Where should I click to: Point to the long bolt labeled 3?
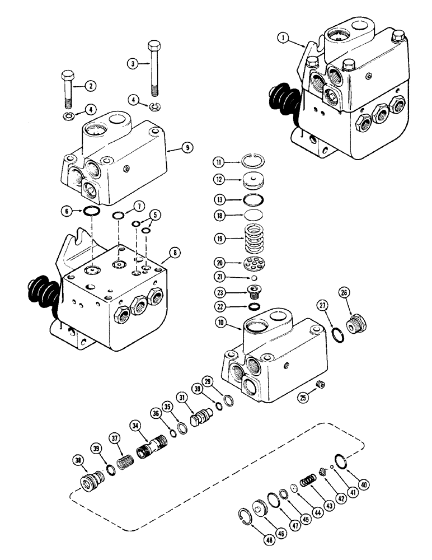(152, 67)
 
